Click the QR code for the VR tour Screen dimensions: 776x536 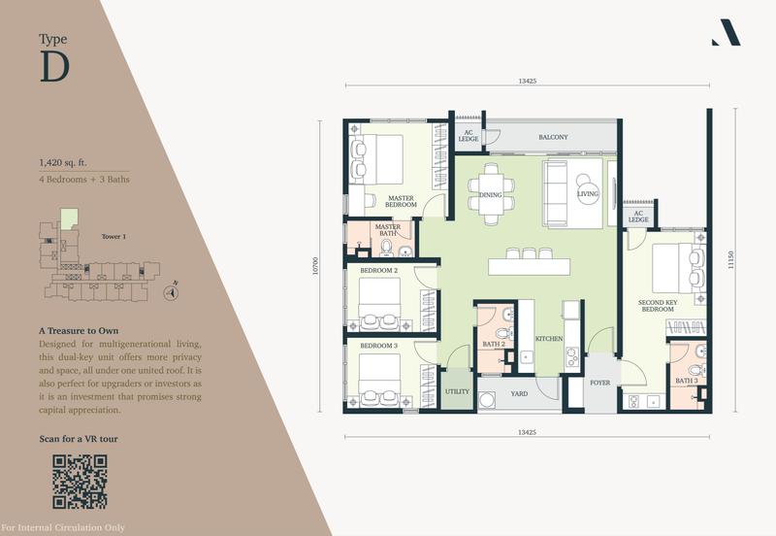tap(80, 482)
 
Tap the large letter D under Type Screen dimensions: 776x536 tap(54, 66)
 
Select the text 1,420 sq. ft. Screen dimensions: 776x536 tap(63, 162)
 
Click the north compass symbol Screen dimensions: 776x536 tap(172, 292)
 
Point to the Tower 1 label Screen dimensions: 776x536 tap(113, 236)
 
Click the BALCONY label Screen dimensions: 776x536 tap(553, 137)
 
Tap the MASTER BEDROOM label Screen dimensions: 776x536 tap(401, 201)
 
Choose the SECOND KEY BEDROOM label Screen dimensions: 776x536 tap(658, 306)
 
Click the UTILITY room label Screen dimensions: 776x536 tap(457, 391)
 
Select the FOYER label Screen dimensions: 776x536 tap(599, 383)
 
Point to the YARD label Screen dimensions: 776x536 tap(519, 394)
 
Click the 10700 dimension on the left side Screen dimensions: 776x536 tap(316, 266)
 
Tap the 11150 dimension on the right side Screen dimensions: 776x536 tap(731, 260)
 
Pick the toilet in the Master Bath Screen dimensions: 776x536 tap(386, 246)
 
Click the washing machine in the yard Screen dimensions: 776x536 tap(487, 400)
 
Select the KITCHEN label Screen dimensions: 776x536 tap(549, 339)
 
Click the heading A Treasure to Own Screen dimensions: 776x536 tap(79, 331)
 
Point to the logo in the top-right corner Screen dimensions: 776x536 tap(727, 33)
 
